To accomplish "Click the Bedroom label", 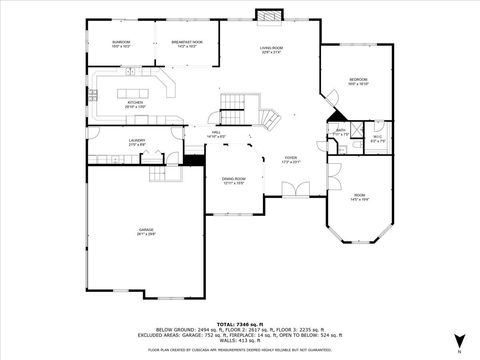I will [x=358, y=82].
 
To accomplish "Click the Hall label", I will [x=216, y=133].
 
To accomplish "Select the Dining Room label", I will [x=233, y=180].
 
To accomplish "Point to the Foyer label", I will [x=291, y=160].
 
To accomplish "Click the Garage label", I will [x=146, y=232].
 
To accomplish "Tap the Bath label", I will [x=341, y=131].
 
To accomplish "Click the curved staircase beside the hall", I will [x=269, y=119].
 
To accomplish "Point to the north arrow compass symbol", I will [x=459, y=341].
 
